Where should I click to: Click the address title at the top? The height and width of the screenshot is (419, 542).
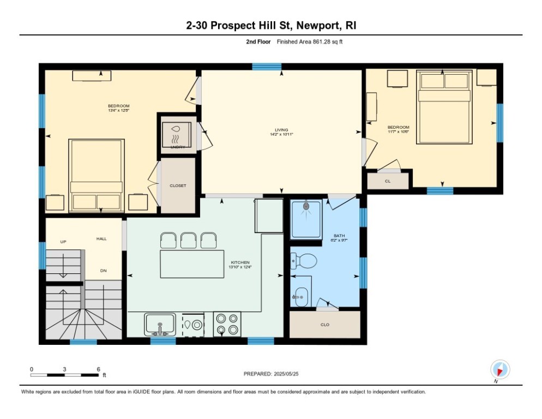(270, 26)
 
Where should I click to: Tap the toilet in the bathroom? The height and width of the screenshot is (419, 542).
(305, 261)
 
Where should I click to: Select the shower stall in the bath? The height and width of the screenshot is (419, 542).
(306, 219)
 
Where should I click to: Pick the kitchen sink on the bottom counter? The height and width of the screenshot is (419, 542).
(160, 324)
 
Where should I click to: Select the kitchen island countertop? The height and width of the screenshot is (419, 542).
(192, 264)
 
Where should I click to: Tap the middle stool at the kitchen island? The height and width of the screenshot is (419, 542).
(188, 240)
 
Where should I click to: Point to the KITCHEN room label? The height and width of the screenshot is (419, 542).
(240, 263)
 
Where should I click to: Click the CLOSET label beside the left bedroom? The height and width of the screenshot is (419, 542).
(178, 185)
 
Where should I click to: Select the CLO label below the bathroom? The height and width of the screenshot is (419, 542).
(324, 325)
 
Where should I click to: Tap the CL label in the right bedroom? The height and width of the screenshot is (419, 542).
(388, 181)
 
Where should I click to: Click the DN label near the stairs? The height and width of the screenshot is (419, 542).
(103, 270)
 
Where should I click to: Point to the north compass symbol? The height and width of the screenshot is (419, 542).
(499, 370)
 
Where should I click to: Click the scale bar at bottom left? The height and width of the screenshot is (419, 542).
(65, 375)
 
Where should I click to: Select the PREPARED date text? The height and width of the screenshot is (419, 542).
(271, 374)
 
